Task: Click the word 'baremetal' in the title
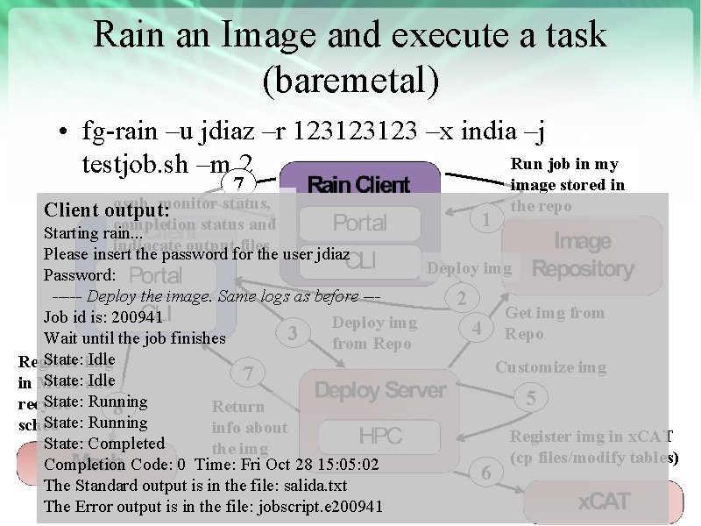[350, 78]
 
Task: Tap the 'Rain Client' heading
[358, 185]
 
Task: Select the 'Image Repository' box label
[583, 255]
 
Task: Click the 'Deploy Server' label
[380, 390]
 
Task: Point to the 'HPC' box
[380, 436]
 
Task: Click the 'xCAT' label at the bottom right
[604, 502]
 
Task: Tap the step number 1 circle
[485, 220]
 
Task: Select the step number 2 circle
[461, 299]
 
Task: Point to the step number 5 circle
[530, 398]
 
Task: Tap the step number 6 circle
[487, 473]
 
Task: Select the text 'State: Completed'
[104, 444]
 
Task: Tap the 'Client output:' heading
[107, 211]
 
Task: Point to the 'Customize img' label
[550, 367]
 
